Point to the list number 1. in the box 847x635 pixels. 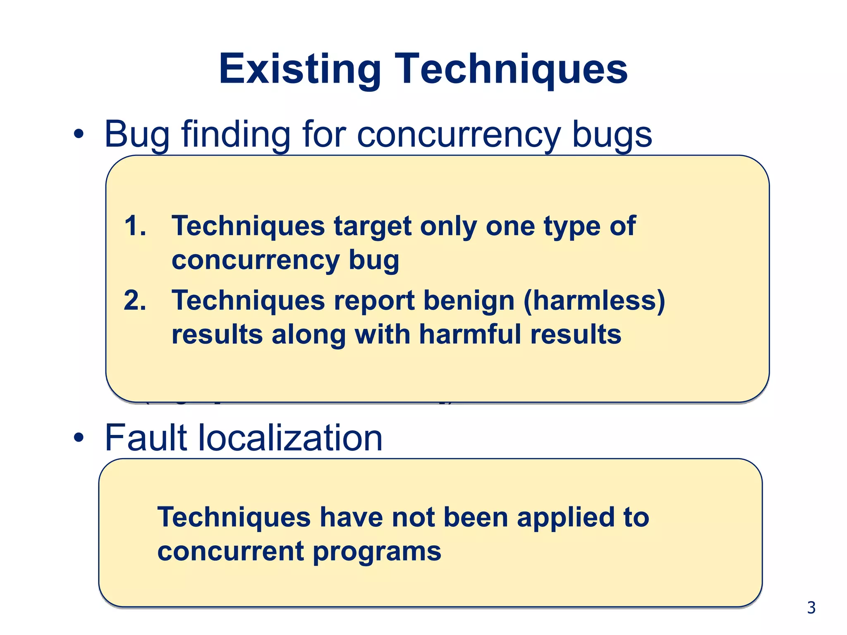click(x=135, y=226)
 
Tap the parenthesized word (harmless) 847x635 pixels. click(x=594, y=301)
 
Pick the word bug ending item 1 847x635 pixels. click(x=374, y=260)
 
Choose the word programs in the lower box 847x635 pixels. click(x=377, y=552)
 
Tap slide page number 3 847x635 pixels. click(x=811, y=608)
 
